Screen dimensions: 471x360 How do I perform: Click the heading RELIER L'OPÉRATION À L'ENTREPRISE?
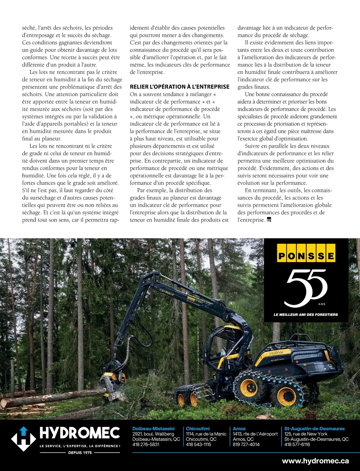pos(179,87)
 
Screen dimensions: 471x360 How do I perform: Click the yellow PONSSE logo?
pos(306,256)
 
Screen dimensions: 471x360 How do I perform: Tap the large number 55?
pos(305,288)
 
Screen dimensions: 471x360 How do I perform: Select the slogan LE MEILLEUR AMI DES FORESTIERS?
pos(306,315)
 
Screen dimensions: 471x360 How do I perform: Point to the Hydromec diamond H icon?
pos(24,439)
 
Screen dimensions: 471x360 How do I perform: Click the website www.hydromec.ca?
pos(315,461)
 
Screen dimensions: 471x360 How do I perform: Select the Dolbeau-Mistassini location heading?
pos(153,429)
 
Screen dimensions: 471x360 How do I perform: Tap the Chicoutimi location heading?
pos(198,429)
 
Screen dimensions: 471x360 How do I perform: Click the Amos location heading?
pos(239,429)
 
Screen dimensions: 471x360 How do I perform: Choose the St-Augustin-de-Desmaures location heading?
pos(314,429)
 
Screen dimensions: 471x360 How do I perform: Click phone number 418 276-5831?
pos(146,444)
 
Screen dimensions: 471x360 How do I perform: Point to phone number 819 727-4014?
pos(246,444)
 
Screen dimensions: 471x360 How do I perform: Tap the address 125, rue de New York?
pos(306,434)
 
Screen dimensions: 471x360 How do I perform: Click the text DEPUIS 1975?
pos(80,452)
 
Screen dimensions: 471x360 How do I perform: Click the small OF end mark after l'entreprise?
pos(269,220)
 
